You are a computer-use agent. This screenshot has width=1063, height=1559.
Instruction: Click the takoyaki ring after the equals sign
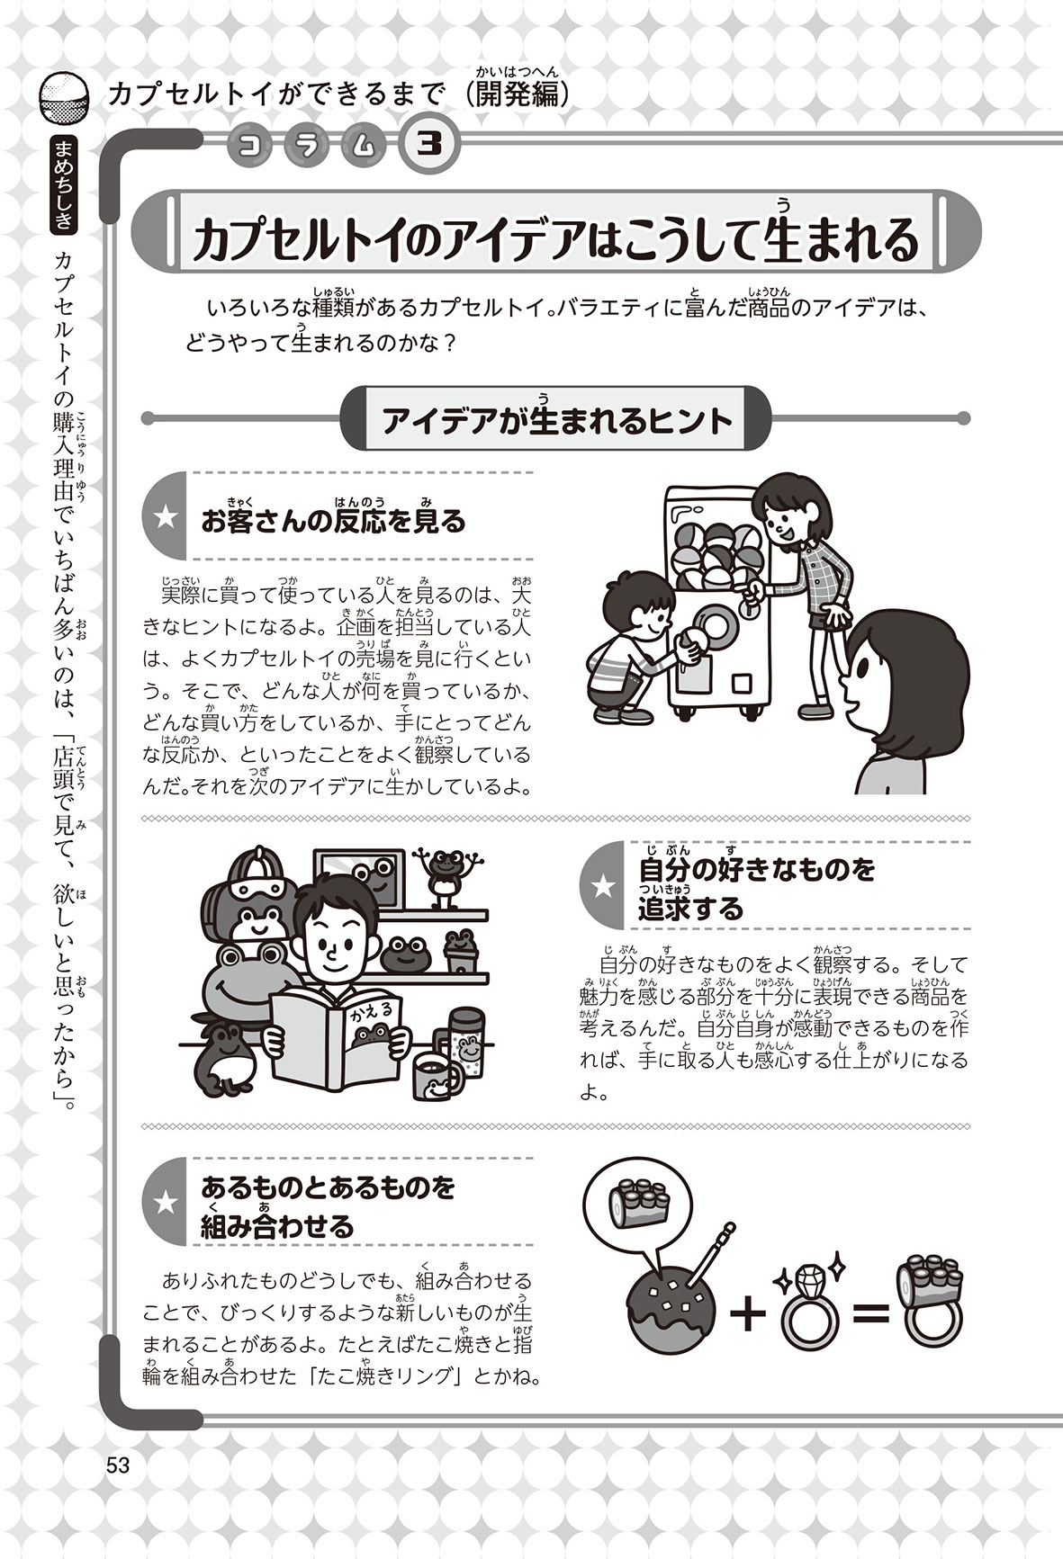coord(932,1303)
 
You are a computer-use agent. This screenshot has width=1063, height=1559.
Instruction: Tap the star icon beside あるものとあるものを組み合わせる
coord(167,1201)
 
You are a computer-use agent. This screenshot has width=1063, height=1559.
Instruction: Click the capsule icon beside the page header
coord(66,99)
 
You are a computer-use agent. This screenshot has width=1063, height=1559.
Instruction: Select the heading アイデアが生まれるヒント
coord(557,420)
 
